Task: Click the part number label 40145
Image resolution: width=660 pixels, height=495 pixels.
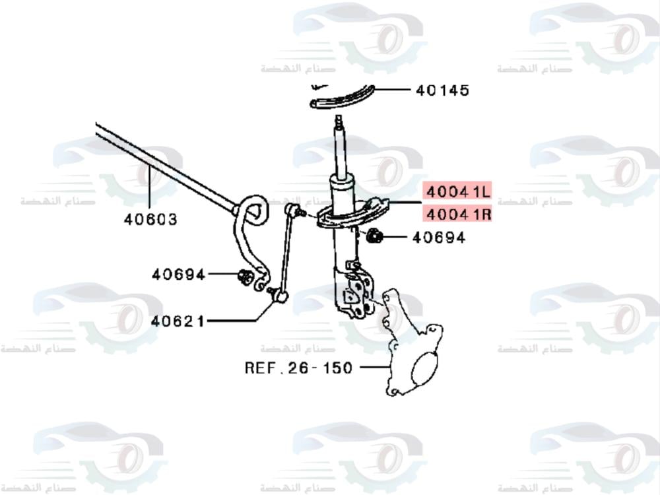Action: (442, 90)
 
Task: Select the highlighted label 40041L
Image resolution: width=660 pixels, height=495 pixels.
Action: (457, 192)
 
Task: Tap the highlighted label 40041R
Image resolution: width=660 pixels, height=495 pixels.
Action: (457, 214)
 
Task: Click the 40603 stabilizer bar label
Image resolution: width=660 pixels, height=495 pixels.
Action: (150, 219)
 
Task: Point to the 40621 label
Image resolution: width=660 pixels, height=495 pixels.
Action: (178, 321)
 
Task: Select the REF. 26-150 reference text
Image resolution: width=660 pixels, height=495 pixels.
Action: (298, 368)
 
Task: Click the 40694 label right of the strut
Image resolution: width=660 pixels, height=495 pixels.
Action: (438, 237)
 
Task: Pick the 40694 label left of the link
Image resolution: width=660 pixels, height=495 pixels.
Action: (178, 274)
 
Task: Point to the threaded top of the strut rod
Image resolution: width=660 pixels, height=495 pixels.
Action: (339, 123)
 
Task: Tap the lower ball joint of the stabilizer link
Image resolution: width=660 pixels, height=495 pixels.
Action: (280, 298)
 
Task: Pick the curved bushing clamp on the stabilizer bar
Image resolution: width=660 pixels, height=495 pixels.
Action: (251, 210)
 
